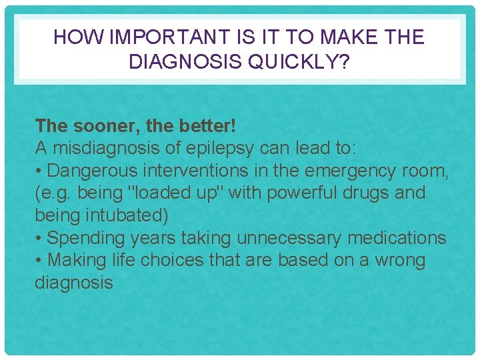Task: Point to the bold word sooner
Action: pos(97,125)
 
